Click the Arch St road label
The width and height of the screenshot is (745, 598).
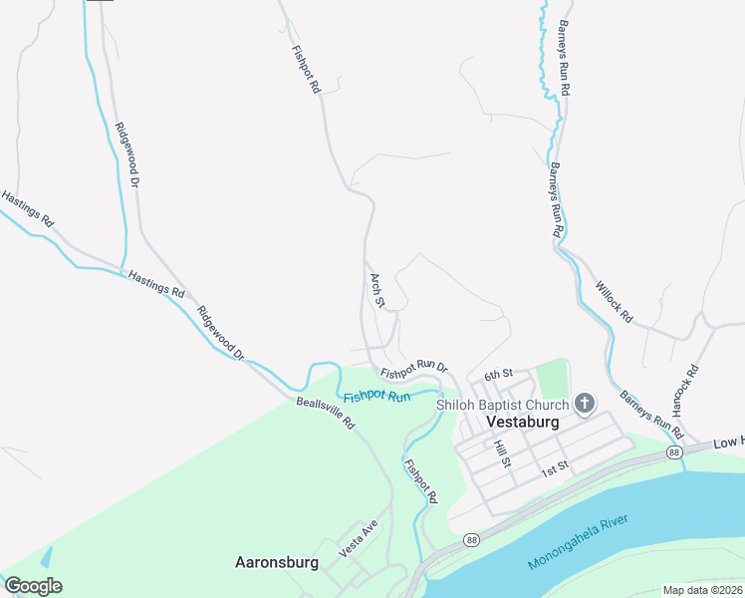point(376,290)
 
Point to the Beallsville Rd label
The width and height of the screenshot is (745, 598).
point(325,414)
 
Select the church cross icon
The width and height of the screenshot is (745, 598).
point(584,404)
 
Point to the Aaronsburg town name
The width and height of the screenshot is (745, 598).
point(276,562)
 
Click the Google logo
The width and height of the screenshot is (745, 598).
point(33,586)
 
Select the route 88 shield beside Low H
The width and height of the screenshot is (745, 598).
point(675,453)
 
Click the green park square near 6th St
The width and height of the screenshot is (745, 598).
point(551,378)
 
